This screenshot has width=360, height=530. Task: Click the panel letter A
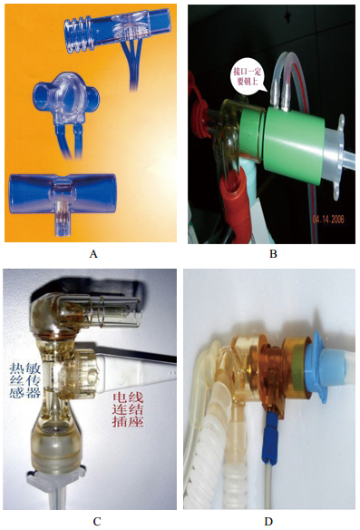(x=93, y=254)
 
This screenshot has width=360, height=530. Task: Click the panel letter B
(x=273, y=254)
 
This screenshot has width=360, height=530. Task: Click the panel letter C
(x=97, y=521)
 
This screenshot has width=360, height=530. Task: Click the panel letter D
(x=268, y=521)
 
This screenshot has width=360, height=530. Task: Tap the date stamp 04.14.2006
(x=328, y=220)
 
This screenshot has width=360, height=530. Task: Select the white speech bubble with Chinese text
(x=248, y=77)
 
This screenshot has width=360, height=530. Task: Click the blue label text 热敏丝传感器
(x=25, y=380)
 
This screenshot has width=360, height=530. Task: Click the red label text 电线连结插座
(x=128, y=409)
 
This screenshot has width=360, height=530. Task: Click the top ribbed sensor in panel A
(x=115, y=32)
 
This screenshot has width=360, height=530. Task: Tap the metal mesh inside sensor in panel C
(x=55, y=428)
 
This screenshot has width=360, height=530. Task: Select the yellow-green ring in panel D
(x=297, y=367)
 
